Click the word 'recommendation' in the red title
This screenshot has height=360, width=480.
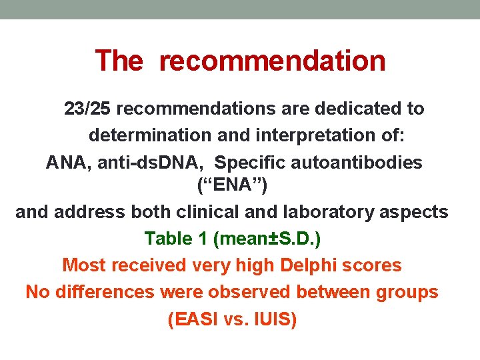[272, 61]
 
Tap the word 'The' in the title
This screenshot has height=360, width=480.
[119, 61]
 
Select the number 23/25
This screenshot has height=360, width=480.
[91, 108]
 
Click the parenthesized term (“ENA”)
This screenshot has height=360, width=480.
[233, 186]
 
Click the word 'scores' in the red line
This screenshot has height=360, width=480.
[375, 265]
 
